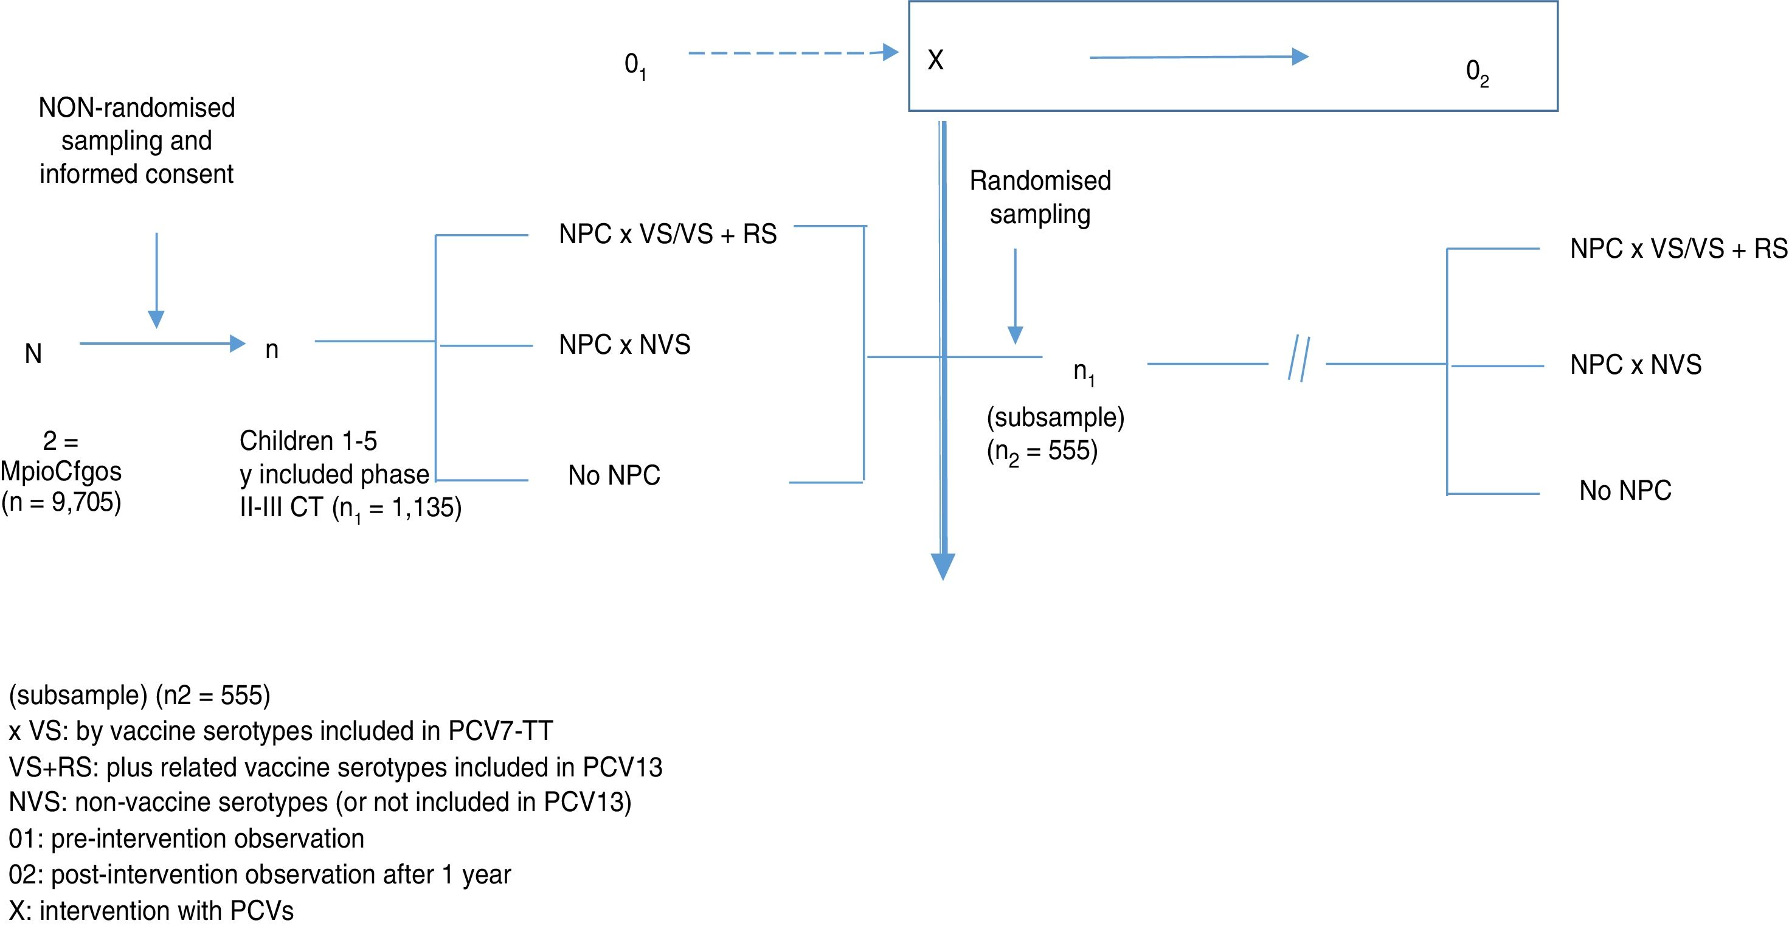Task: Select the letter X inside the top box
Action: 935,60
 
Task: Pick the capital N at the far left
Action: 33,354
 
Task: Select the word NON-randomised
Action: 137,108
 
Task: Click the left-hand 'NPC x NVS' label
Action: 625,345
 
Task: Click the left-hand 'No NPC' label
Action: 614,475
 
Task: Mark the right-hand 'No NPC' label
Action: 1625,491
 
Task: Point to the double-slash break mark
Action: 1299,359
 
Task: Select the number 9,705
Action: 83,502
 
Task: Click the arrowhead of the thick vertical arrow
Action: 943,565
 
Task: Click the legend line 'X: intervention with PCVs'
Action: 151,910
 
